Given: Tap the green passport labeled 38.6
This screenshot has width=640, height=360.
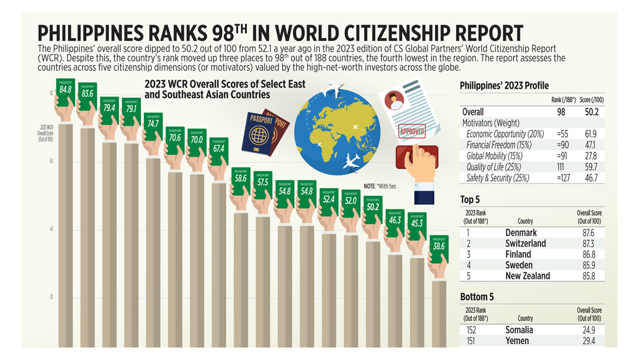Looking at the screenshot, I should point(438,247).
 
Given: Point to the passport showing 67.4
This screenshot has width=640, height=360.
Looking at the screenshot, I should point(218,150).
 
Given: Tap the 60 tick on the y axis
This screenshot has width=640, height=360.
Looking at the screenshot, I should point(51,162).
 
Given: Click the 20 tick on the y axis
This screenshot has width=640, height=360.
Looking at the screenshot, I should point(51,297).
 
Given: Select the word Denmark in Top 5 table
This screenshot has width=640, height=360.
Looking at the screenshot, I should point(521,232).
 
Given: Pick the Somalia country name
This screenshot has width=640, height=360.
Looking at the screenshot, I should point(519,330).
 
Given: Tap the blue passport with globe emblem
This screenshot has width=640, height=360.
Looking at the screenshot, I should point(258,134).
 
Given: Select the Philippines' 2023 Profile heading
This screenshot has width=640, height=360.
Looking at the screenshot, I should point(504,86).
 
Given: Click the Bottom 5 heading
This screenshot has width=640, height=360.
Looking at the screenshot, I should point(477,297).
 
